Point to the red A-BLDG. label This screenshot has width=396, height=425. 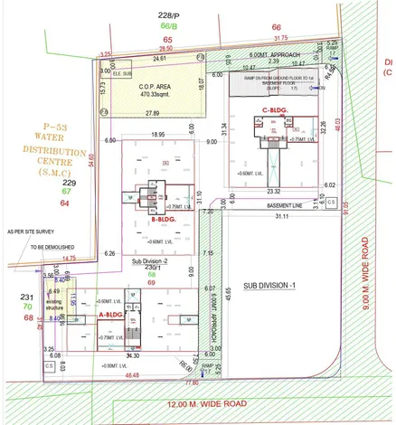click(x=109, y=314)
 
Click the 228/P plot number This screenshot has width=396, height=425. click(x=169, y=15)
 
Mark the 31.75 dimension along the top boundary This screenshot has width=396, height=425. click(x=280, y=39)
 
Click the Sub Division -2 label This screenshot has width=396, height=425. click(x=152, y=260)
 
